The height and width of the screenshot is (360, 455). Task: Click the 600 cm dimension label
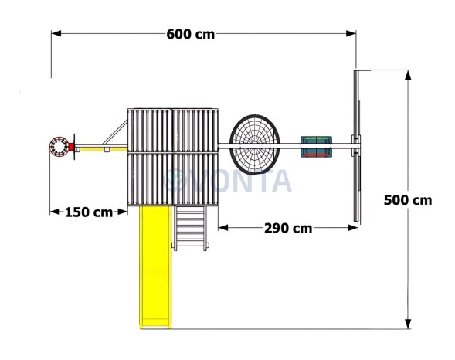coord(191,34)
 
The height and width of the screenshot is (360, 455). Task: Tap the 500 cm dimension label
coord(408,200)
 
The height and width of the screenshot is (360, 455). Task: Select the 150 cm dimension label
coord(89,212)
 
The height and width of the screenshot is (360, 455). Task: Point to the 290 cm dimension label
coord(288,229)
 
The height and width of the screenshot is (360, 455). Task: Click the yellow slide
coord(155,267)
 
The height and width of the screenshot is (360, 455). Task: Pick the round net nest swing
coord(255,144)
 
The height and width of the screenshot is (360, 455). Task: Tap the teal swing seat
coord(316,147)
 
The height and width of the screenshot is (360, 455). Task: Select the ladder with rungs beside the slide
coord(190,228)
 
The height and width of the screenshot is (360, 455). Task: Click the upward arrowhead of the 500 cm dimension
coord(408,75)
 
